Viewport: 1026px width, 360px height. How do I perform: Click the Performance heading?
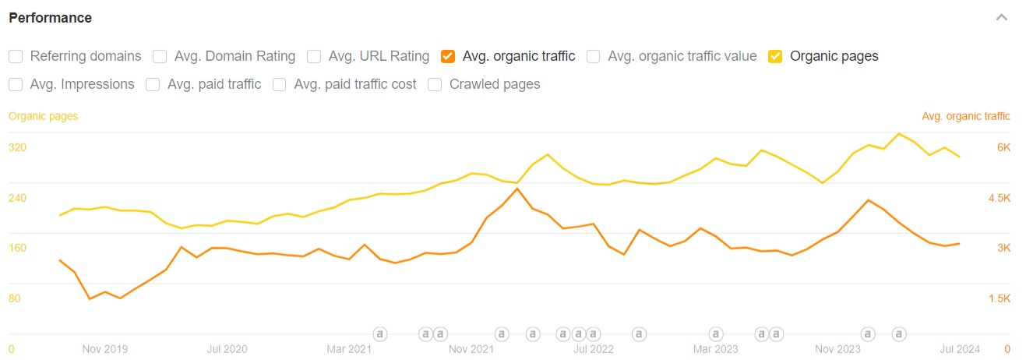point(50,18)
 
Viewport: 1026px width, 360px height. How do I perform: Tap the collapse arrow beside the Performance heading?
point(1002,18)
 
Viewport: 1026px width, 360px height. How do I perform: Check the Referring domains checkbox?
point(16,56)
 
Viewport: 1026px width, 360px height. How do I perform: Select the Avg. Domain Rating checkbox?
point(160,56)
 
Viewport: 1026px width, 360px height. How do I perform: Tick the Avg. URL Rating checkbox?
point(314,56)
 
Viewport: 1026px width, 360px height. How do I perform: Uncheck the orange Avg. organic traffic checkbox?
point(448,56)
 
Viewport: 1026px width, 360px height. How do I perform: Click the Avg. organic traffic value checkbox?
point(594,56)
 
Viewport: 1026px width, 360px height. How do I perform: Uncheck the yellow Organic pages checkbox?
point(775,56)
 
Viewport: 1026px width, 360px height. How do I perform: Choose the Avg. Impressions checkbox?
point(16,84)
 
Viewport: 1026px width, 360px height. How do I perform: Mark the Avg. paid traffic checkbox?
point(153,84)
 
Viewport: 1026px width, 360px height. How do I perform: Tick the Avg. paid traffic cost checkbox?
point(280,84)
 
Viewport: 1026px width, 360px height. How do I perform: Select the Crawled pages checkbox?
point(435,84)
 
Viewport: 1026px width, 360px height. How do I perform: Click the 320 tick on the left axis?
point(17,147)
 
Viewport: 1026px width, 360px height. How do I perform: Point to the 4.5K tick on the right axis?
point(999,198)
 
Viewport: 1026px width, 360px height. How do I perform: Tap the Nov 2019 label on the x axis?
point(104,349)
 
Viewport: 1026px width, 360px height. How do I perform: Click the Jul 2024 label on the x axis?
point(960,349)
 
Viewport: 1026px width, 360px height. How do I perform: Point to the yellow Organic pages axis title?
point(43,116)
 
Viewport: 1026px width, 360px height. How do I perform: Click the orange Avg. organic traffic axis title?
point(966,116)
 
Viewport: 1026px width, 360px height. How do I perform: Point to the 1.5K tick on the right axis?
point(999,298)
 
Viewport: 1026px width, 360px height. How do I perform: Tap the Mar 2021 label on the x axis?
point(349,349)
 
